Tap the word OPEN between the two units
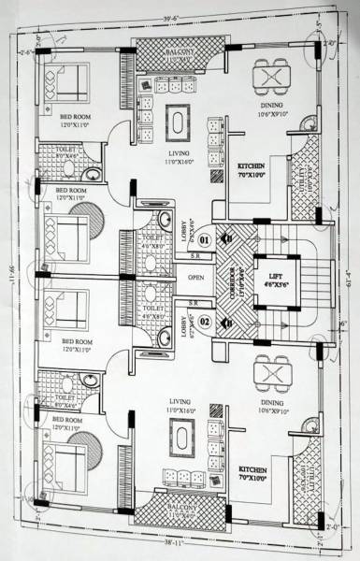click(x=195, y=278)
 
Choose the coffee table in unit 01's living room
click(x=177, y=122)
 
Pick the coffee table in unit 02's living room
click(x=179, y=437)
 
